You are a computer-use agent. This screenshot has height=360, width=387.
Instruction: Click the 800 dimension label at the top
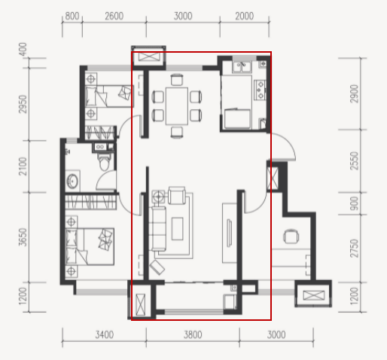[x=72, y=17]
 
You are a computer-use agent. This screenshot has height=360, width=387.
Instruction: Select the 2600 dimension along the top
[x=114, y=17]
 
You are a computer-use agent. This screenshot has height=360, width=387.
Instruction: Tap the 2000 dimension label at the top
[x=245, y=17]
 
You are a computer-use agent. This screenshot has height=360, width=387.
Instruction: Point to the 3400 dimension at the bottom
[x=105, y=334]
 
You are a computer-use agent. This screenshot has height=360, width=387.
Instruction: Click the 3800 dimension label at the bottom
[x=193, y=334]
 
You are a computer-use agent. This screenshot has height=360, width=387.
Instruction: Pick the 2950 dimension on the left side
[x=23, y=104]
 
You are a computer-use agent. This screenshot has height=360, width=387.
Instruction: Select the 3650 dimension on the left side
[x=23, y=237]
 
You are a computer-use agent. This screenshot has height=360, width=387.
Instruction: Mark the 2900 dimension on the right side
[x=354, y=93]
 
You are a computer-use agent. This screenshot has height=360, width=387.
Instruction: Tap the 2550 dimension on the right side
[x=354, y=161]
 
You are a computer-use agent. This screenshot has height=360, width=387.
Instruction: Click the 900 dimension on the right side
[x=354, y=203]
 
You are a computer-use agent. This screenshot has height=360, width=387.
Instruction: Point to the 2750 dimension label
[x=354, y=249]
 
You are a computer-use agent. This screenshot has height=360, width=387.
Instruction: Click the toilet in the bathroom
[x=103, y=161]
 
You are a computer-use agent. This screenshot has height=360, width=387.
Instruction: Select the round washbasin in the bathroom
[x=73, y=181]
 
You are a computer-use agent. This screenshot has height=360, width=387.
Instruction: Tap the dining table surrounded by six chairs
[x=177, y=105]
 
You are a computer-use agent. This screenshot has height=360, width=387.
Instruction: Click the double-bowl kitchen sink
[x=242, y=67]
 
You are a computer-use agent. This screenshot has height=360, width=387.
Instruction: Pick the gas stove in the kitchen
[x=260, y=90]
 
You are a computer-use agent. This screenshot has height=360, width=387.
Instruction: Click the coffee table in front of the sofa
[x=178, y=229]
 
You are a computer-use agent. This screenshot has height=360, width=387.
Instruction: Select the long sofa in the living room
[x=159, y=228]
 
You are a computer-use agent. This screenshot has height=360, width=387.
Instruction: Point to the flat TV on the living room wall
[x=229, y=233]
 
